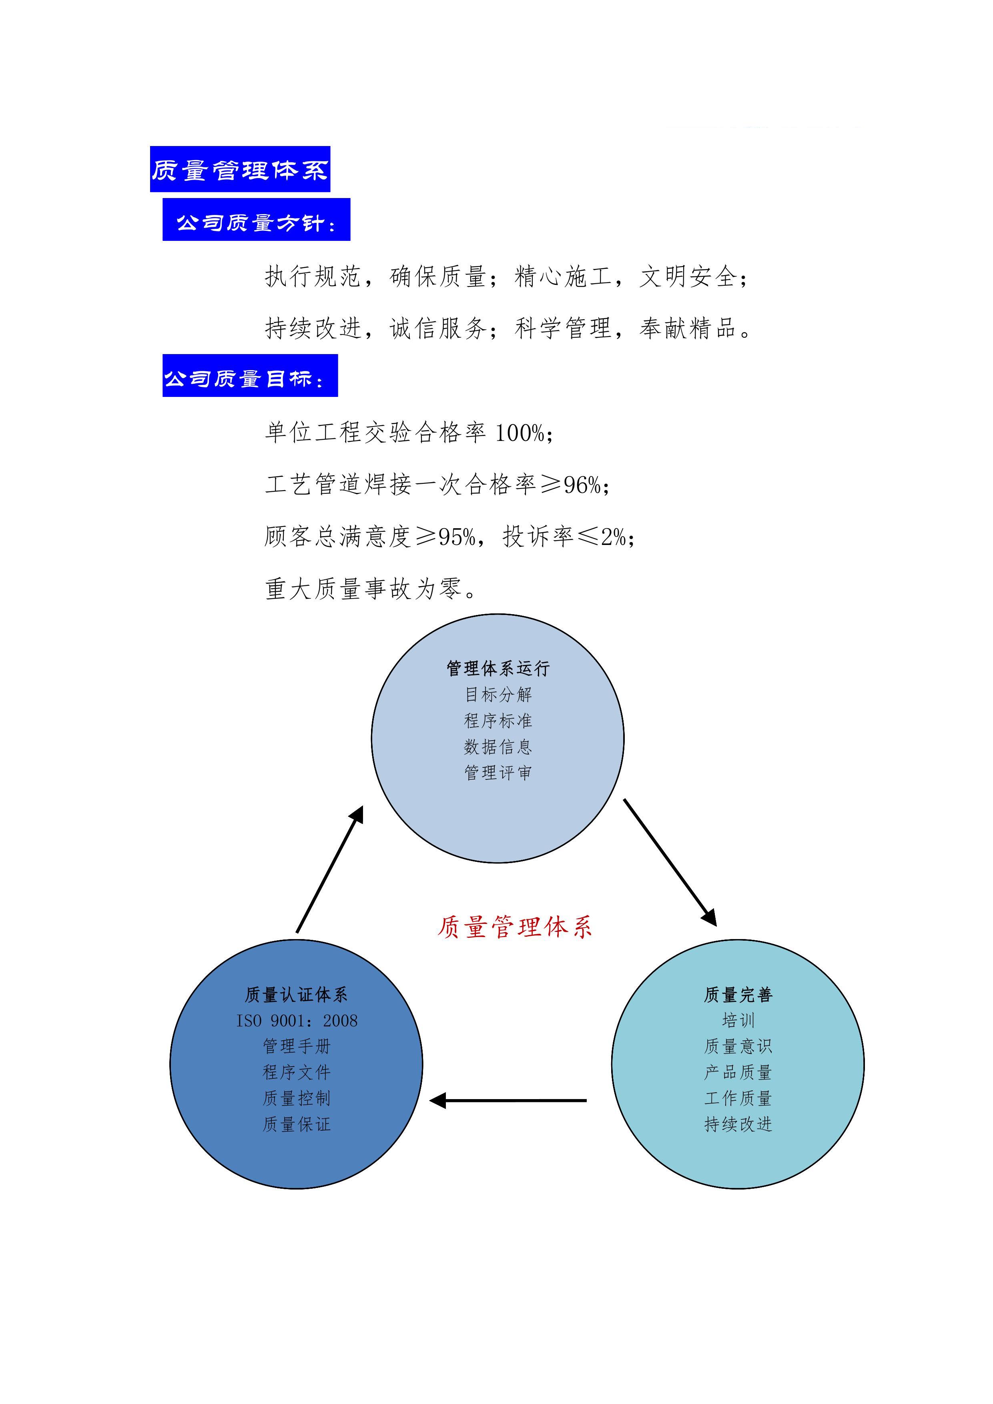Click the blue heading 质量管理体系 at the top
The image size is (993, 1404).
point(240,169)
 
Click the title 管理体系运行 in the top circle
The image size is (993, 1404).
point(498,668)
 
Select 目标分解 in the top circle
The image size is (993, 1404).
point(498,695)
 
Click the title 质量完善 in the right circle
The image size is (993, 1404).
point(738,995)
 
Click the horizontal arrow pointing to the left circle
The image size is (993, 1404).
point(508,1101)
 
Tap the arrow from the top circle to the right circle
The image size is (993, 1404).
point(670,862)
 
